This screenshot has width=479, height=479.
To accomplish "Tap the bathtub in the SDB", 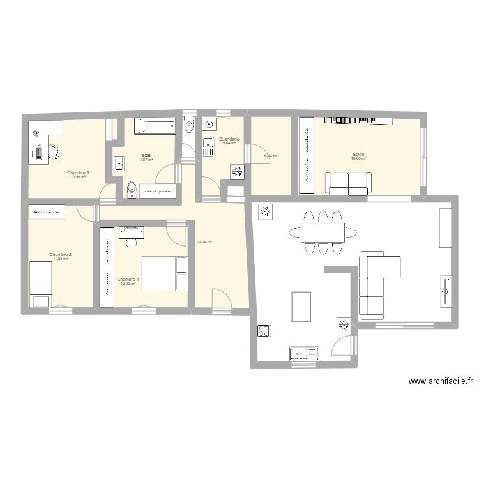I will pos(154,126).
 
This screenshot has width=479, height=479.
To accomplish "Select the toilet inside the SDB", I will pos(132,189).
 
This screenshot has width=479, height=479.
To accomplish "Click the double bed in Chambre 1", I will pos(165,273).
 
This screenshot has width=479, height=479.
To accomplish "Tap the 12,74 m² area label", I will pos(204,242).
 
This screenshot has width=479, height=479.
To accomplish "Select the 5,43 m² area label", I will pos(271,156).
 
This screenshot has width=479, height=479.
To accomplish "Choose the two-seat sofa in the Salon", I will pos(347,183).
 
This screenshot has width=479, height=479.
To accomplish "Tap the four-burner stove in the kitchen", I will pos(264,331).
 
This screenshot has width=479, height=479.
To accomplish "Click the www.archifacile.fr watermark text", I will pos(441,382).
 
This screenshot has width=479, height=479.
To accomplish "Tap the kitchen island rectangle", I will pos(301,306).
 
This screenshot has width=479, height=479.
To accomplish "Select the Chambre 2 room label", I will pos(61,255).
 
